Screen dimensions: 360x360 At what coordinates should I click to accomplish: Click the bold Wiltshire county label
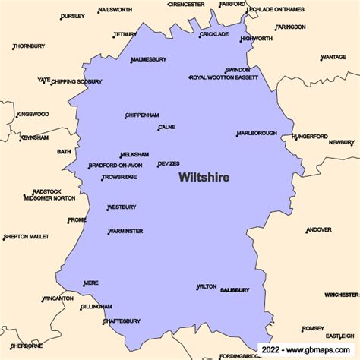tap(204, 177)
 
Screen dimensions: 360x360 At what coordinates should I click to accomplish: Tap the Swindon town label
tap(237, 70)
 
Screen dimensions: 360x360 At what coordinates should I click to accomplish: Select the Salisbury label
tap(235, 290)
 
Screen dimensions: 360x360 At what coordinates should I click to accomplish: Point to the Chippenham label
tap(141, 115)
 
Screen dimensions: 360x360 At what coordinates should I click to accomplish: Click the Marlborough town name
tap(257, 133)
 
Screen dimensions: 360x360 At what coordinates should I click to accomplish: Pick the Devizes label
tap(169, 164)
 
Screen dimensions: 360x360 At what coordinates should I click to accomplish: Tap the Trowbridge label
tap(119, 178)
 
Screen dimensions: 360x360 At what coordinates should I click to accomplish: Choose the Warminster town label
tap(125, 231)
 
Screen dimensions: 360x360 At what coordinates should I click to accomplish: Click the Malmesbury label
tap(148, 59)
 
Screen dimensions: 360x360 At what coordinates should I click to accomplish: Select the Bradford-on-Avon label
tap(115, 166)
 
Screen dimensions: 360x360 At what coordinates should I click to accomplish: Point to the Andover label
tap(318, 230)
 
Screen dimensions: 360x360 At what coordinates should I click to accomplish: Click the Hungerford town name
tap(310, 137)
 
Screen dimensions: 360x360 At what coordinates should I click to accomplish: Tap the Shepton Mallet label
tap(26, 237)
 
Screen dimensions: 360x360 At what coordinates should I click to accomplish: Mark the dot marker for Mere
tap(84, 285)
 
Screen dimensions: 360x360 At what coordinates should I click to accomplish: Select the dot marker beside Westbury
tap(107, 209)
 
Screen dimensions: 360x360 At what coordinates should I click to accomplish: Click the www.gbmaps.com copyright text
tap(311, 350)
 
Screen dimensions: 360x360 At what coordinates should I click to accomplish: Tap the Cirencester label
tap(186, 4)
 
